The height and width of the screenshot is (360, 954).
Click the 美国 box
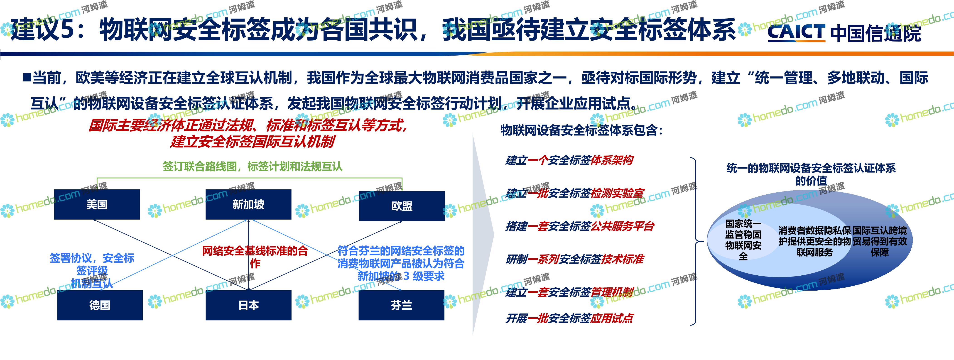(x=97, y=204)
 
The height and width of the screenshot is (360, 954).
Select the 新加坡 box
(x=248, y=204)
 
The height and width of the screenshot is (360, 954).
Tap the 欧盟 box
(x=402, y=206)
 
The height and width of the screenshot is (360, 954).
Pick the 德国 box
(x=100, y=305)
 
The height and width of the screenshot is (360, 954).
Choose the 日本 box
(x=248, y=305)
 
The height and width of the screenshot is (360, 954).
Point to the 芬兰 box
(x=401, y=305)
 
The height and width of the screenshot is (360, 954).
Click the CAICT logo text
(x=796, y=32)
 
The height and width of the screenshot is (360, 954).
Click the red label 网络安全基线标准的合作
(x=255, y=257)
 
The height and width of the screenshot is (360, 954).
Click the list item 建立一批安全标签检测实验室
(x=574, y=193)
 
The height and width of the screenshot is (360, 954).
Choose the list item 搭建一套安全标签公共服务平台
(x=580, y=226)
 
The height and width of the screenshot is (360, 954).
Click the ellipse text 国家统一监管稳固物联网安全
(x=743, y=240)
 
